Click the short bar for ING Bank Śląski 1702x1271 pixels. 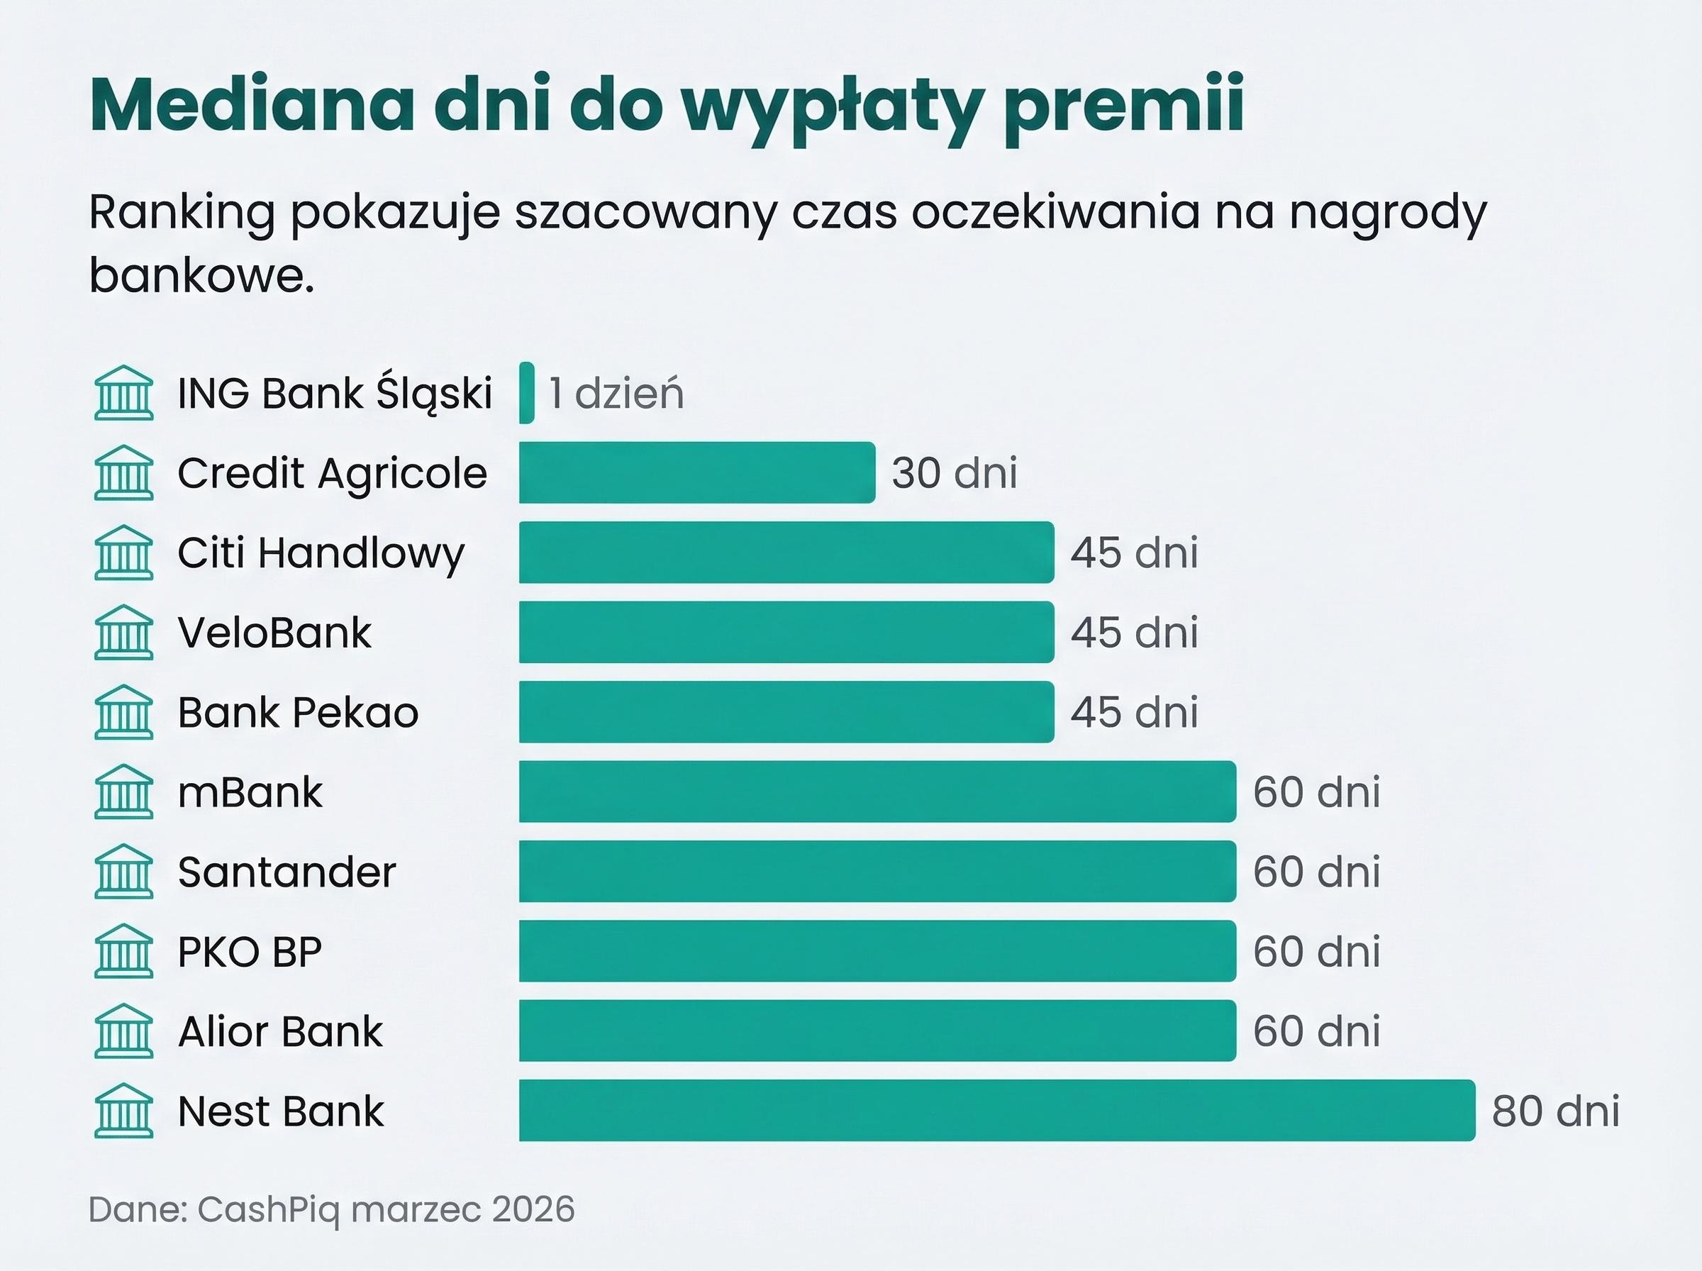tap(527, 392)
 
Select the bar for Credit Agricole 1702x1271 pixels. tap(697, 472)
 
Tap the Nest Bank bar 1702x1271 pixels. tap(997, 1110)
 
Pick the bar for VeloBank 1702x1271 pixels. tap(786, 632)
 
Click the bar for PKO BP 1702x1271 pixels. tap(877, 951)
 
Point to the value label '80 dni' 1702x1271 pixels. tap(1555, 1111)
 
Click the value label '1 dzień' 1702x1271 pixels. tap(616, 393)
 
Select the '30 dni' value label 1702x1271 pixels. tap(955, 472)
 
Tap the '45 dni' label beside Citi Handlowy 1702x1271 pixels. tap(1135, 553)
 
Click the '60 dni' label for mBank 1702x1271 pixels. tap(1316, 792)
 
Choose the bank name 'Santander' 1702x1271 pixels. tap(287, 872)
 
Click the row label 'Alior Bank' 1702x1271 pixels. tap(280, 1031)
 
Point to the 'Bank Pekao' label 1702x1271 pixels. tap(299, 712)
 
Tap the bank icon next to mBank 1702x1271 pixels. tap(124, 792)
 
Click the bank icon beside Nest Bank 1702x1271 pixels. tap(124, 1110)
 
